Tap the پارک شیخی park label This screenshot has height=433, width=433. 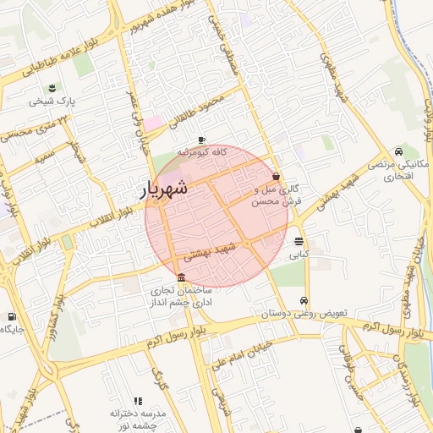tap(52, 101)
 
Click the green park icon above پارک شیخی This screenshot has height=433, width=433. tap(53, 88)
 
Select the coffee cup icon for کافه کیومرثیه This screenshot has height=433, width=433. tap(201, 140)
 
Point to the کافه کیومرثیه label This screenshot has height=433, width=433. tap(200, 153)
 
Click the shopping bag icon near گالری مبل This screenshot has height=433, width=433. tap(277, 177)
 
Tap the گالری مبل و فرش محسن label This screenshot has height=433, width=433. tap(276, 196)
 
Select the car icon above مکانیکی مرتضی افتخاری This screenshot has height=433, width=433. tap(412, 149)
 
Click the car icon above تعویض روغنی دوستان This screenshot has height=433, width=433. tap(304, 300)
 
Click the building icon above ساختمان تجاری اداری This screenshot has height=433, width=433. tap(182, 278)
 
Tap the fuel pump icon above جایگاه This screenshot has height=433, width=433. tap(11, 316)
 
